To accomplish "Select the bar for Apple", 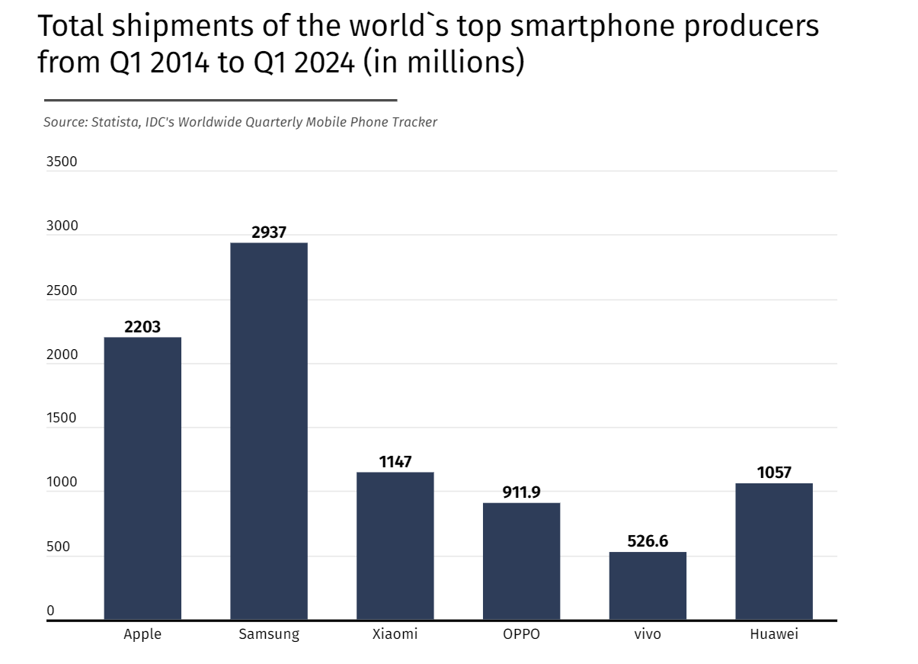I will (x=142, y=478).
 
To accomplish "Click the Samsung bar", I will (x=269, y=431).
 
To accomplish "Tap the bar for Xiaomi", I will (x=395, y=546).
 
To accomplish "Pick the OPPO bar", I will (x=521, y=561).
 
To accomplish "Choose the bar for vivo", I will (x=648, y=585).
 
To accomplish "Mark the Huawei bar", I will (x=774, y=551).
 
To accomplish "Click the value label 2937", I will (x=269, y=233).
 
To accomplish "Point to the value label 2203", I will (x=142, y=327).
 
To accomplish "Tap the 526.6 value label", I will (x=648, y=541).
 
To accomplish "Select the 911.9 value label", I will (x=521, y=492).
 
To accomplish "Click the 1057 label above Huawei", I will (x=774, y=473).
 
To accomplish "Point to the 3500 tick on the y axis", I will (x=62, y=162).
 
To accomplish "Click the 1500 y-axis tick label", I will (x=62, y=419).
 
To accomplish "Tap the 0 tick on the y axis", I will (x=51, y=611).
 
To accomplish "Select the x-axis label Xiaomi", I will (x=395, y=634).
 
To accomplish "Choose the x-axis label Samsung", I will (x=269, y=634).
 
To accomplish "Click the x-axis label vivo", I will (x=648, y=634).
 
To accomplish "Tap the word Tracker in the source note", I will (x=415, y=122).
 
